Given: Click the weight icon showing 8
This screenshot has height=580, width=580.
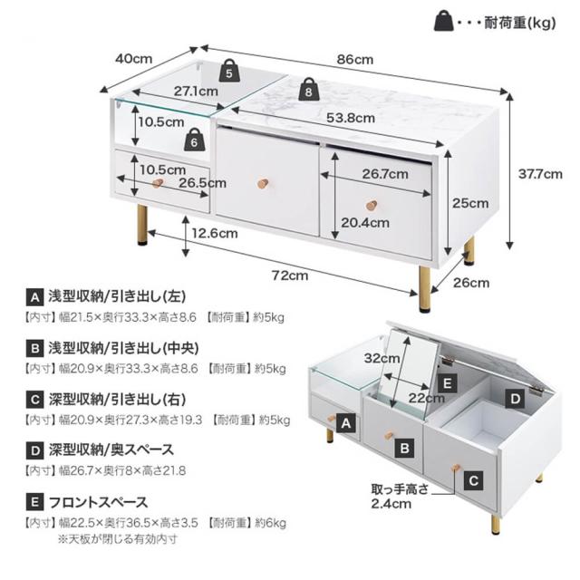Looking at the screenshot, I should [x=309, y=88].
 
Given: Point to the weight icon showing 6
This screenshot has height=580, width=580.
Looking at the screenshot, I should [x=195, y=140].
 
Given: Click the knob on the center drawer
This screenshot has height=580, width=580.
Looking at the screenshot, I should [x=262, y=183].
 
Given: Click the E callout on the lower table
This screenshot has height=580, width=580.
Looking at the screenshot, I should [x=444, y=384].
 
